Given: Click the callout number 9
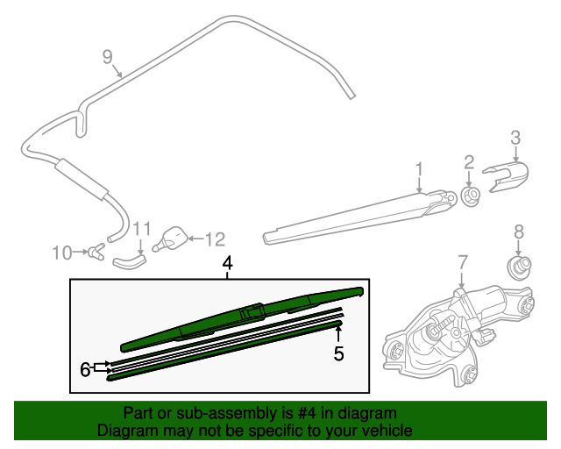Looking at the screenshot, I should coord(107,57).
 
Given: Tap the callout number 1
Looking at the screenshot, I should coord(419,168).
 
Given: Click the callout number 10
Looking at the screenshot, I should coord(61,253).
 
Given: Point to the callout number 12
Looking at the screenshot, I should coord(216,238).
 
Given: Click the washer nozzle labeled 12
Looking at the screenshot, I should coord(173,237).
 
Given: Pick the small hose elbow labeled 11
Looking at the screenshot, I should coord(131,259).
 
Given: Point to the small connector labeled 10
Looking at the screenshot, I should coord(94,253).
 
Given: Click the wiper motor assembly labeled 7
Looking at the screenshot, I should coord(456,329).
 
